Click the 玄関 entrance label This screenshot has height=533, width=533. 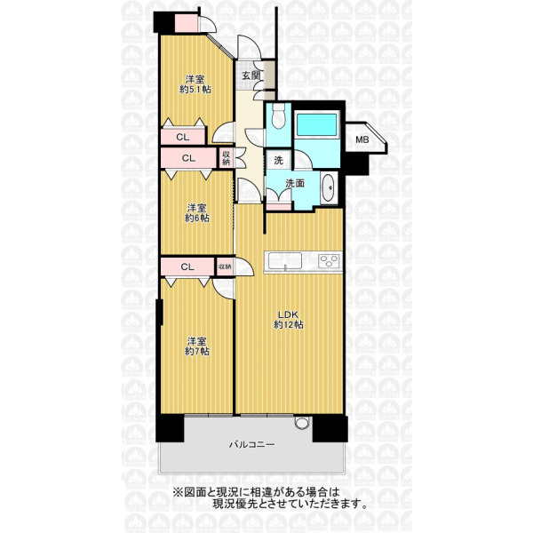coord(251,76)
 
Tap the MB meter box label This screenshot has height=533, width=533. coord(362,139)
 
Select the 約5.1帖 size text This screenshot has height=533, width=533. coord(195,90)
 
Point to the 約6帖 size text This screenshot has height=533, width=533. coord(197,218)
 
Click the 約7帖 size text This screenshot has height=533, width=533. coord(197,351)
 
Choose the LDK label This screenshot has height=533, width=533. coord(289,314)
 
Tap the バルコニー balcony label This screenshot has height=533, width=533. coord(251,444)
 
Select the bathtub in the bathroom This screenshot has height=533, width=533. coord(316,124)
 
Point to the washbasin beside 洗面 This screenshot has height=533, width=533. coord(329,188)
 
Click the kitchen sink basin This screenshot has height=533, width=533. coord(285,261)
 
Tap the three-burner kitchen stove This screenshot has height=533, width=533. coord(329,261)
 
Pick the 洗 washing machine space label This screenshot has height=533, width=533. coord(278,161)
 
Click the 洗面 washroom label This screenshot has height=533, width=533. coord(295,184)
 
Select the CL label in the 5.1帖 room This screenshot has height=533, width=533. coord(182,138)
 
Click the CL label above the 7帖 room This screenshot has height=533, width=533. coord(187,266)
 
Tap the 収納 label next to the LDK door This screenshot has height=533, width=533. coord(225,266)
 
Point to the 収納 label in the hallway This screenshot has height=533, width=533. coord(226,158)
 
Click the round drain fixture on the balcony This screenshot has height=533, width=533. coord(301,423)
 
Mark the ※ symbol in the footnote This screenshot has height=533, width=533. coord(178,492)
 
